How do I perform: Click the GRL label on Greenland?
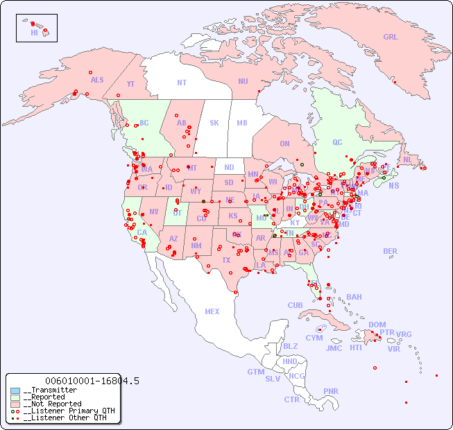point(391,37)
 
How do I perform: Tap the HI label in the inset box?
point(34,33)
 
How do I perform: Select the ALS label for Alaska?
point(97,80)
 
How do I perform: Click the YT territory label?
point(130,84)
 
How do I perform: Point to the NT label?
point(181,82)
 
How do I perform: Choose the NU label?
point(243,81)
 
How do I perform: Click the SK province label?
point(214,123)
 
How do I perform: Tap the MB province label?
point(241,123)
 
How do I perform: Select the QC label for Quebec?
point(337,142)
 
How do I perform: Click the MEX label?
point(212,311)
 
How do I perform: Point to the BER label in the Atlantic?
point(390,251)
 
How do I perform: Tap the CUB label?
point(295,305)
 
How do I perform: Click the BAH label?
point(354,297)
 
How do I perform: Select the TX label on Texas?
point(226,260)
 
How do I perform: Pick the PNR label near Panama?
point(331,391)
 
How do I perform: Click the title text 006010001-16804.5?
point(92,381)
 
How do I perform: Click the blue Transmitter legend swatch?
point(15,390)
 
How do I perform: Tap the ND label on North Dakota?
point(229,167)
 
